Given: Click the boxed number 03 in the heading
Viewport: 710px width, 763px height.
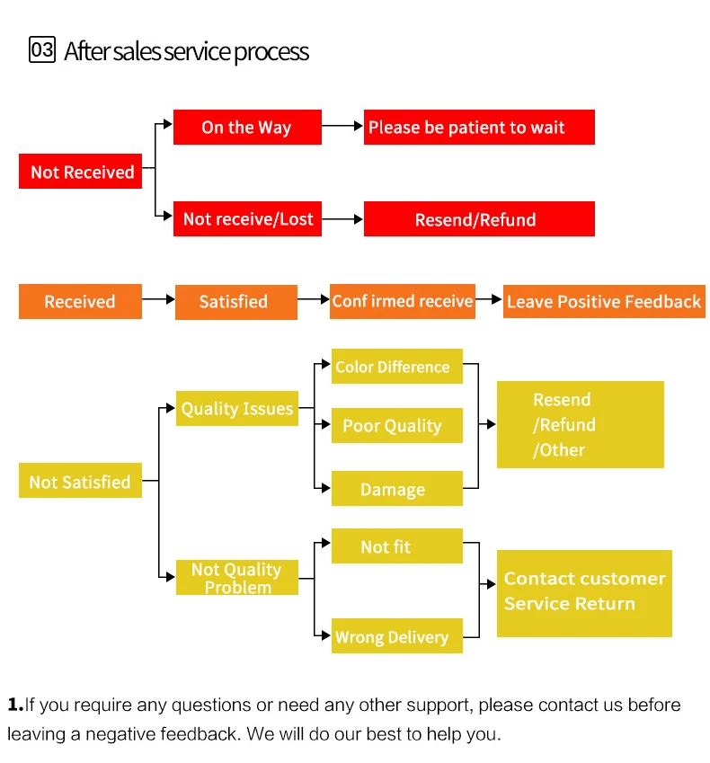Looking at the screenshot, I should pos(42,49).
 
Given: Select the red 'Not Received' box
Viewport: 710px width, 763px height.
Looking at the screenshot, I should pos(81,172).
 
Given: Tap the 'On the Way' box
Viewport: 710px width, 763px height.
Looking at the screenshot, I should pos(247,127).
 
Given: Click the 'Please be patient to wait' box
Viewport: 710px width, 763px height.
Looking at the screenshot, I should pos(479,127).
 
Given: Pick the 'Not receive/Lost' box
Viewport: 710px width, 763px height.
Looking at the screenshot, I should pos(247,218).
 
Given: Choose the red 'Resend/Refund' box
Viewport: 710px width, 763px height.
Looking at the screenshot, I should pos(479,219).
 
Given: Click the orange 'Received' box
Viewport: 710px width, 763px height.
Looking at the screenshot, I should pos(80,301).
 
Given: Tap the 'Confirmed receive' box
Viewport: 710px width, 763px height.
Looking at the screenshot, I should pos(402,301).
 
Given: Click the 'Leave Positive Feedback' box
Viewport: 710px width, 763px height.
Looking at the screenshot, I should pos(604,301).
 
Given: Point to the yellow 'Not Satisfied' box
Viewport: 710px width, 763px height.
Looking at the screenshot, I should pos(80,481).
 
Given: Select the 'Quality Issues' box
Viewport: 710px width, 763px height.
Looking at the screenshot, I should pos(236,409).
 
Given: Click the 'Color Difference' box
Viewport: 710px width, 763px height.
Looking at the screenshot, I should pos(396,367).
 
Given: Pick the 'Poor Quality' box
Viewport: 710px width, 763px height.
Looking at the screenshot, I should pos(396,426).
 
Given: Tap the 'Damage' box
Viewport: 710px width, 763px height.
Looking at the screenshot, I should pos(396,489).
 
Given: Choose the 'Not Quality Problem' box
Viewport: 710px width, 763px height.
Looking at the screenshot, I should pos(236,577).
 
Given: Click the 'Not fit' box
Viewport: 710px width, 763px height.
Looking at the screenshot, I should pos(396,546).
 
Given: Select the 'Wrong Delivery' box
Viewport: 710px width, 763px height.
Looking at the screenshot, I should pos(396,636).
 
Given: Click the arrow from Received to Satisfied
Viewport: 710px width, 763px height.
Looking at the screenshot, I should pos(158,299).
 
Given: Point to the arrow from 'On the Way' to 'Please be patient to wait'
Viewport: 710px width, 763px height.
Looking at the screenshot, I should pos(342,127).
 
